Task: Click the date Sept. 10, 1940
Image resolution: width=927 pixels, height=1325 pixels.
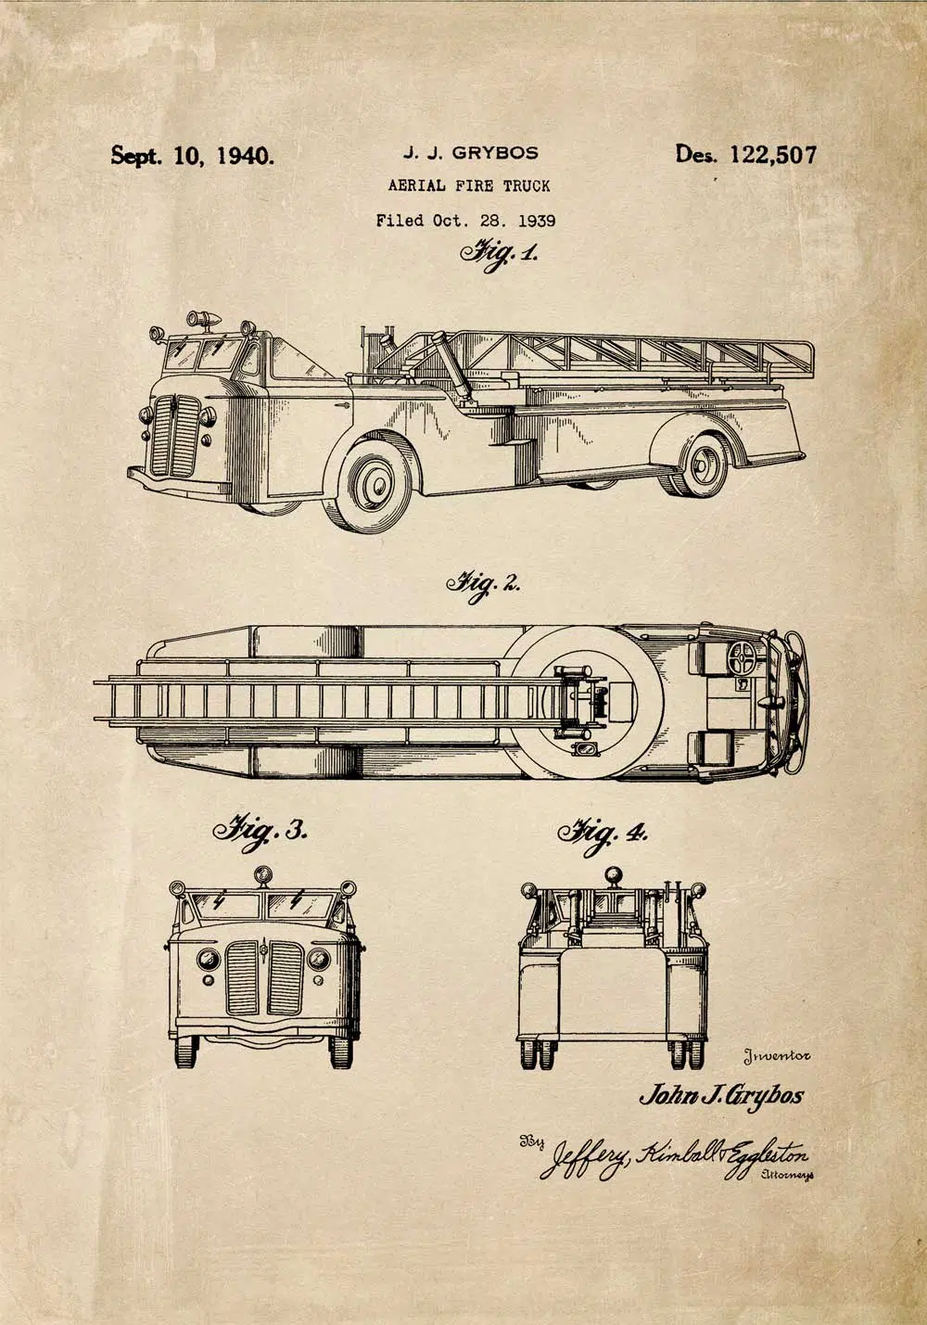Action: pos(193,156)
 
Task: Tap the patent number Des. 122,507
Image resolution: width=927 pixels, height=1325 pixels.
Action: pos(745,155)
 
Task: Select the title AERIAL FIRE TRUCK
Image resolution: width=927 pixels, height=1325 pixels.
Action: pos(469,185)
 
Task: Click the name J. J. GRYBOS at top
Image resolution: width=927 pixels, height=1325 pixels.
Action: pos(471,153)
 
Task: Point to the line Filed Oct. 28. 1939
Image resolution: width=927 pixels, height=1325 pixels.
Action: pos(466,222)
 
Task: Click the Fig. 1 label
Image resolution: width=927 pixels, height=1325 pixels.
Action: pos(499,254)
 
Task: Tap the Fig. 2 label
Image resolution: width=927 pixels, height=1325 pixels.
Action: pos(482,585)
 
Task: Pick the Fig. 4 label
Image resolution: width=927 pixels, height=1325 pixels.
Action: pos(603,835)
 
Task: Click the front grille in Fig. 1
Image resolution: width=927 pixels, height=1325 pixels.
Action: pos(175,436)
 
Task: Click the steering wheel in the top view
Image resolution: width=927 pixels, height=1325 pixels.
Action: pos(742,658)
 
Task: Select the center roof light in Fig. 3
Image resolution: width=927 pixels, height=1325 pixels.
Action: pos(262,874)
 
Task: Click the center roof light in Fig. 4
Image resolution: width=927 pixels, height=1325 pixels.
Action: pos(614,875)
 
